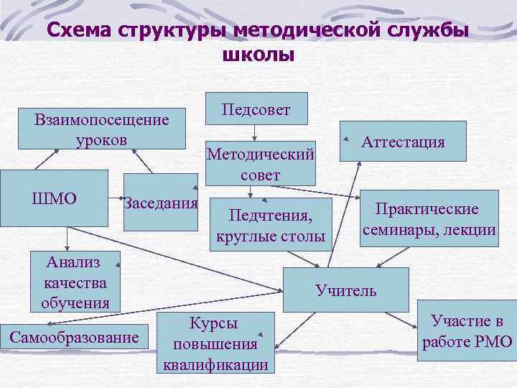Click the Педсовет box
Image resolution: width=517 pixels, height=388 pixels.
pyautogui.click(x=256, y=108)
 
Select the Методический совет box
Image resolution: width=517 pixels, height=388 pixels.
pyautogui.click(x=260, y=162)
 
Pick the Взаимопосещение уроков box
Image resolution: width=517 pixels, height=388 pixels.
pyautogui.click(x=101, y=129)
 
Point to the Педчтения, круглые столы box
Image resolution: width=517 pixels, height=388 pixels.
pyautogui.click(x=270, y=224)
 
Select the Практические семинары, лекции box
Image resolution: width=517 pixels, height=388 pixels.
pyautogui.click(x=429, y=218)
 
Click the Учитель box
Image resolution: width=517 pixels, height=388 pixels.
pyautogui.click(x=345, y=290)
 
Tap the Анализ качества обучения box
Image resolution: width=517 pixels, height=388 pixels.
pyautogui.click(x=75, y=282)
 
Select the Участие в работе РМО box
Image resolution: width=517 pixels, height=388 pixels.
pyautogui.click(x=467, y=331)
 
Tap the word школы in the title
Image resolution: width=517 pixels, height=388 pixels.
pyautogui.click(x=255, y=55)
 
